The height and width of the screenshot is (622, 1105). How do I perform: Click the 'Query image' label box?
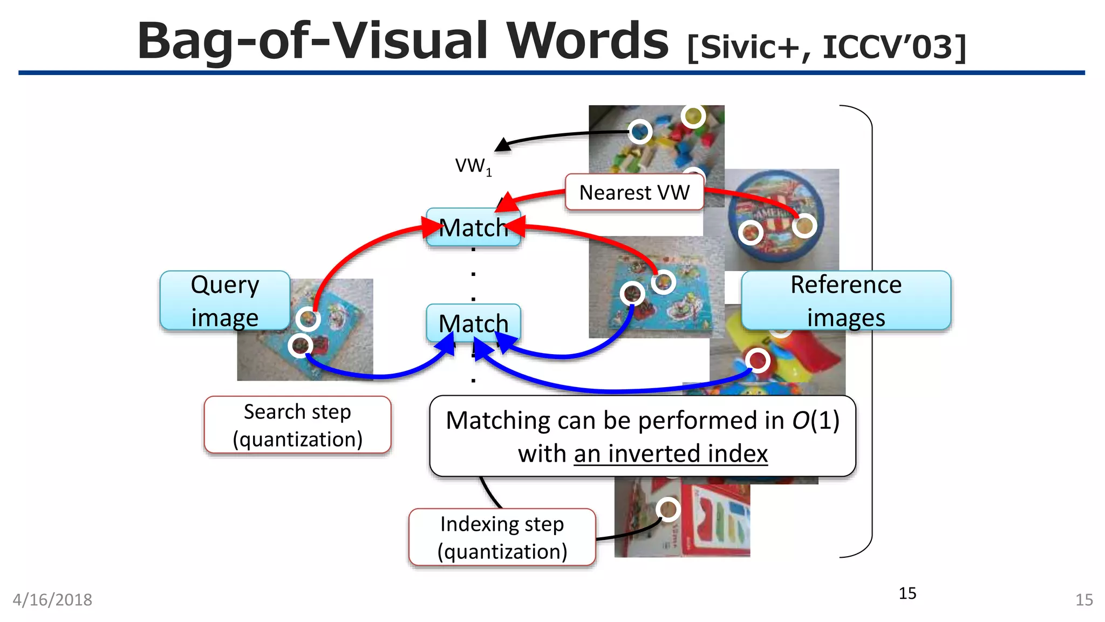(225, 300)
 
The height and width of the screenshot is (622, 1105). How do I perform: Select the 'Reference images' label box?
(845, 300)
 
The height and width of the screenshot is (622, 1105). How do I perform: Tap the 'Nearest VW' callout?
(634, 192)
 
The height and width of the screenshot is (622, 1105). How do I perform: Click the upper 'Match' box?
(473, 227)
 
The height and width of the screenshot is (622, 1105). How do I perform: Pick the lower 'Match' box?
(473, 323)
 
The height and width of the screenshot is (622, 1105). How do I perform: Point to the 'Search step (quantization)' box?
(297, 425)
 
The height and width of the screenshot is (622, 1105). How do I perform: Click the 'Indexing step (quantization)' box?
(502, 538)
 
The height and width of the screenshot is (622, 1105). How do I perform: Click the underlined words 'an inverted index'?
(670, 454)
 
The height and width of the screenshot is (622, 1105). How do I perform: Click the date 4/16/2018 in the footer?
(52, 600)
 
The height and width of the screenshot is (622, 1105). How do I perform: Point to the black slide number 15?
(908, 593)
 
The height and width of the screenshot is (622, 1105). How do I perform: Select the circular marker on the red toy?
(758, 360)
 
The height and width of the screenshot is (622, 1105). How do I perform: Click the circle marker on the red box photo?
(668, 509)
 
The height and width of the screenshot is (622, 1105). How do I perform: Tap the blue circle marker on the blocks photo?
(640, 131)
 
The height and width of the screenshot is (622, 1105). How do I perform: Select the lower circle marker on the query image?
(301, 346)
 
